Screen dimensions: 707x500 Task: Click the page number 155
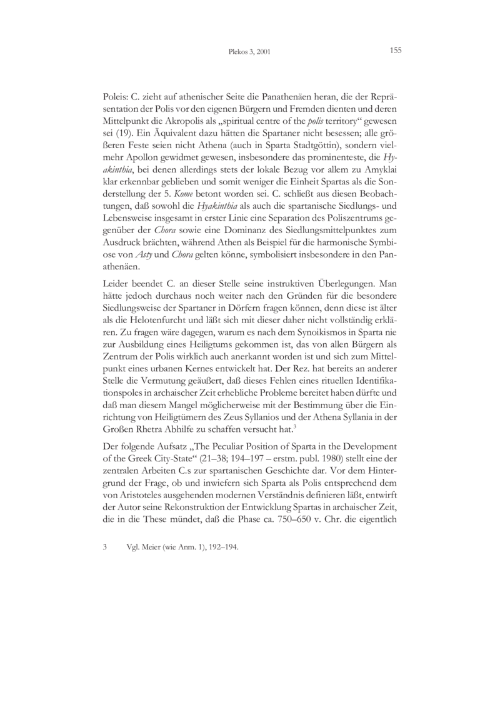[x=394, y=51]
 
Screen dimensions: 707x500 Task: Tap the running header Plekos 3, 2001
[x=249, y=53]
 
